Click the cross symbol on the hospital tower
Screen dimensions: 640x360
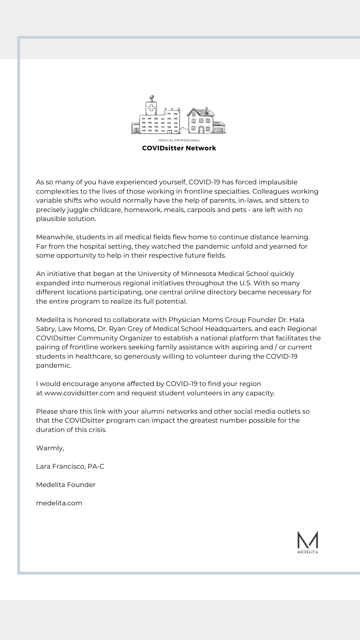pyautogui.click(x=152, y=108)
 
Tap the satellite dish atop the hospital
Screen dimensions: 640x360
pyautogui.click(x=152, y=98)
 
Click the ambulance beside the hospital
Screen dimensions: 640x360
pyautogui.click(x=136, y=130)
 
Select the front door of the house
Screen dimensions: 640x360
pyautogui.click(x=201, y=129)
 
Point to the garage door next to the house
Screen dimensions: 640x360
pyautogui.click(x=219, y=129)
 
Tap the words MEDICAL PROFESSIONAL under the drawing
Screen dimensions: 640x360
pyautogui.click(x=179, y=140)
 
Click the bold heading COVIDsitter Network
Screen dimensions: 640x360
pyautogui.click(x=179, y=148)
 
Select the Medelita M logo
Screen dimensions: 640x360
pyautogui.click(x=307, y=541)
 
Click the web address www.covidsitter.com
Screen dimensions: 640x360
pyautogui.click(x=80, y=393)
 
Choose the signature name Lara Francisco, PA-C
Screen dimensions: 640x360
pyautogui.click(x=70, y=466)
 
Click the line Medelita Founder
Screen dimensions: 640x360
pyautogui.click(x=66, y=485)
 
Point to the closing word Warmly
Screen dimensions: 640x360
pyautogui.click(x=50, y=448)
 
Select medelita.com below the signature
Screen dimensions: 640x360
pyautogui.click(x=59, y=503)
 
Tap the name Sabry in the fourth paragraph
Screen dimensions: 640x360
pyautogui.click(x=45, y=329)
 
